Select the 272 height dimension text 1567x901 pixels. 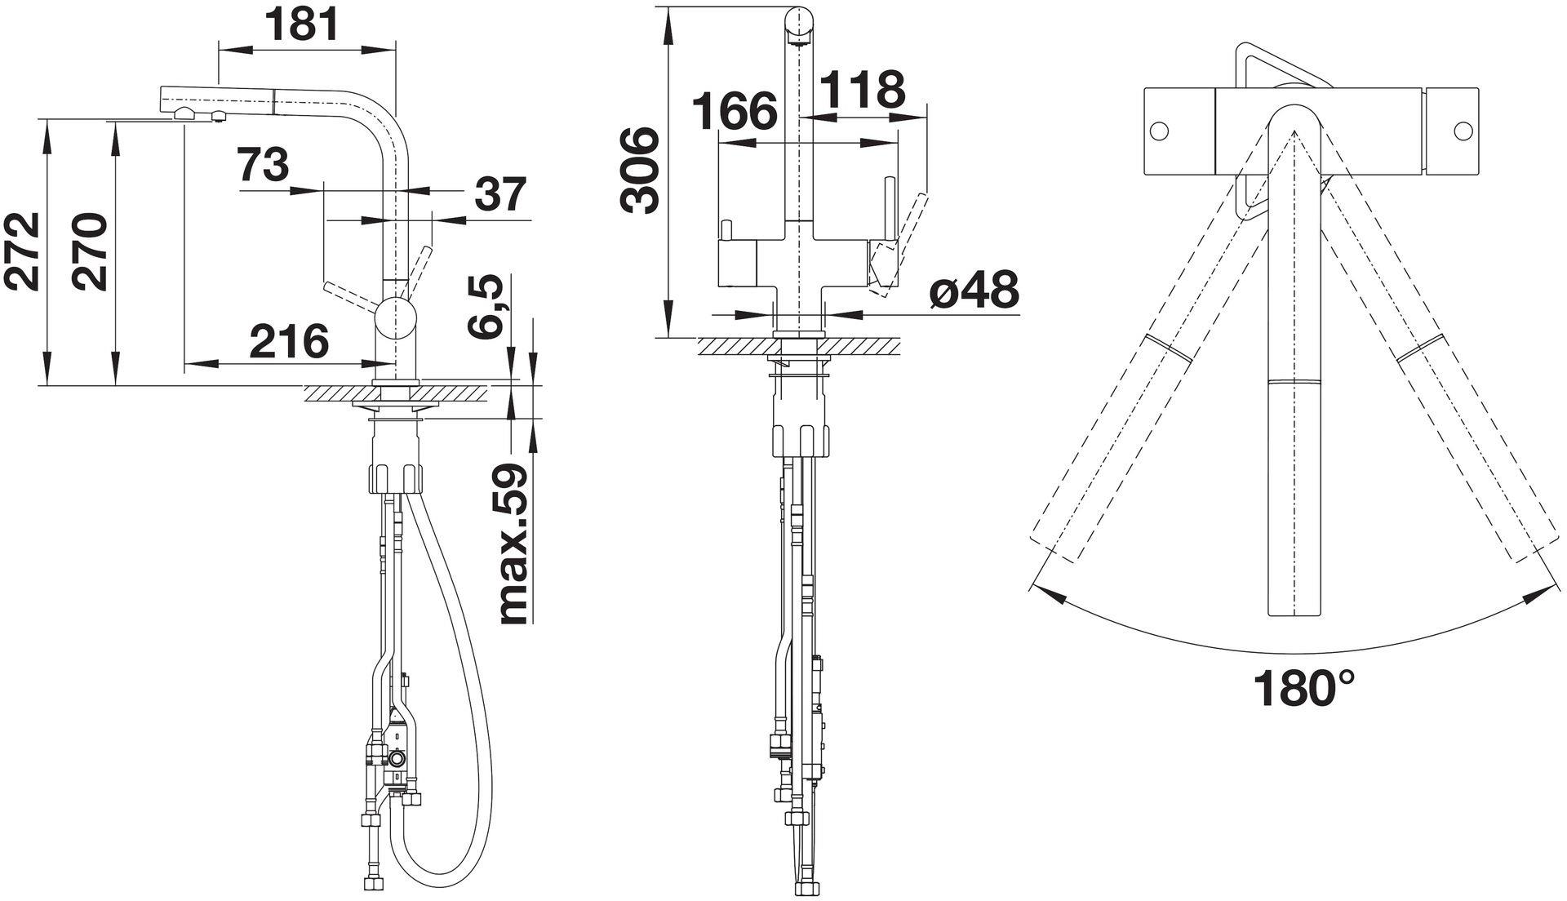[22, 251]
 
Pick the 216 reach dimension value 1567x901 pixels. [289, 341]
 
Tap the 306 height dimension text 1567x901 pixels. [639, 170]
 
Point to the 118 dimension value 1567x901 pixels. [863, 89]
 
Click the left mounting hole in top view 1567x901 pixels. [1159, 131]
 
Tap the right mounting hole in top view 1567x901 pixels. [1463, 131]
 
